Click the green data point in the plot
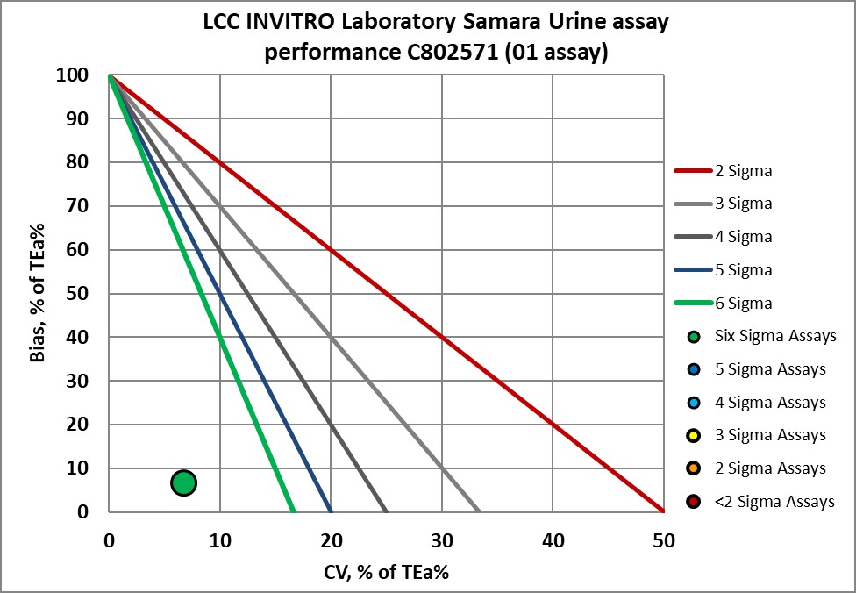183,482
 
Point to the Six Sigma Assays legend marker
695,336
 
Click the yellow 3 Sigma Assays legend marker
695,436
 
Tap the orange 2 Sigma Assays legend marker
695,469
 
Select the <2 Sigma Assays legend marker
695,503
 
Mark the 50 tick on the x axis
663,540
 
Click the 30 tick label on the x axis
441,540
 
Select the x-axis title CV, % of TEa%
386,572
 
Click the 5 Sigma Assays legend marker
695,369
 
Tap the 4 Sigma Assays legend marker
695,403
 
